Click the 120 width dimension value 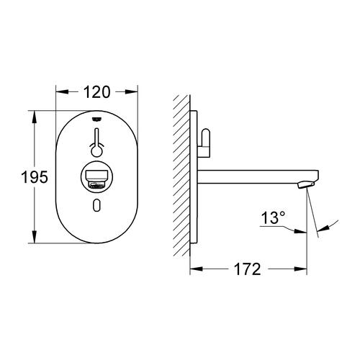[x=96, y=91]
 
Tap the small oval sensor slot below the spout [x=97, y=207]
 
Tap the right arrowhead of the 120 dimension [x=132, y=91]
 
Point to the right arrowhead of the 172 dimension [x=305, y=271]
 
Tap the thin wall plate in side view [x=192, y=180]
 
